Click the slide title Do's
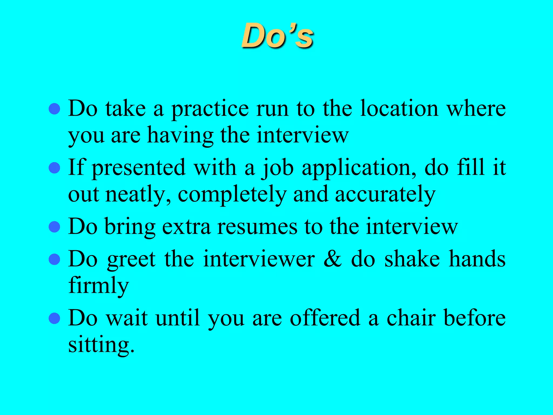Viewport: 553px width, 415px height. [x=277, y=36]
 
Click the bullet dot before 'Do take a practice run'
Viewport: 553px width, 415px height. [x=54, y=109]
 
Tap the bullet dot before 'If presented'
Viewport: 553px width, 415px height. [x=54, y=168]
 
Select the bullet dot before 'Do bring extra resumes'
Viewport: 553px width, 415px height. [x=54, y=227]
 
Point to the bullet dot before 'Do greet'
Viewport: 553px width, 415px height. [x=54, y=259]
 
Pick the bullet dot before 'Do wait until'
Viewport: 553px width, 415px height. [x=54, y=318]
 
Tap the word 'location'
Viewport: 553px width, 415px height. [x=399, y=109]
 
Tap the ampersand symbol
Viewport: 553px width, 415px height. [x=333, y=259]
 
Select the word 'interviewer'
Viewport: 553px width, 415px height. [x=259, y=259]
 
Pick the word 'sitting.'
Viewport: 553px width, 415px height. [x=101, y=346]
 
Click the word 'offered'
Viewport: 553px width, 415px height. [x=325, y=318]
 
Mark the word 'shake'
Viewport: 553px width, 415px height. [x=412, y=259]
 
